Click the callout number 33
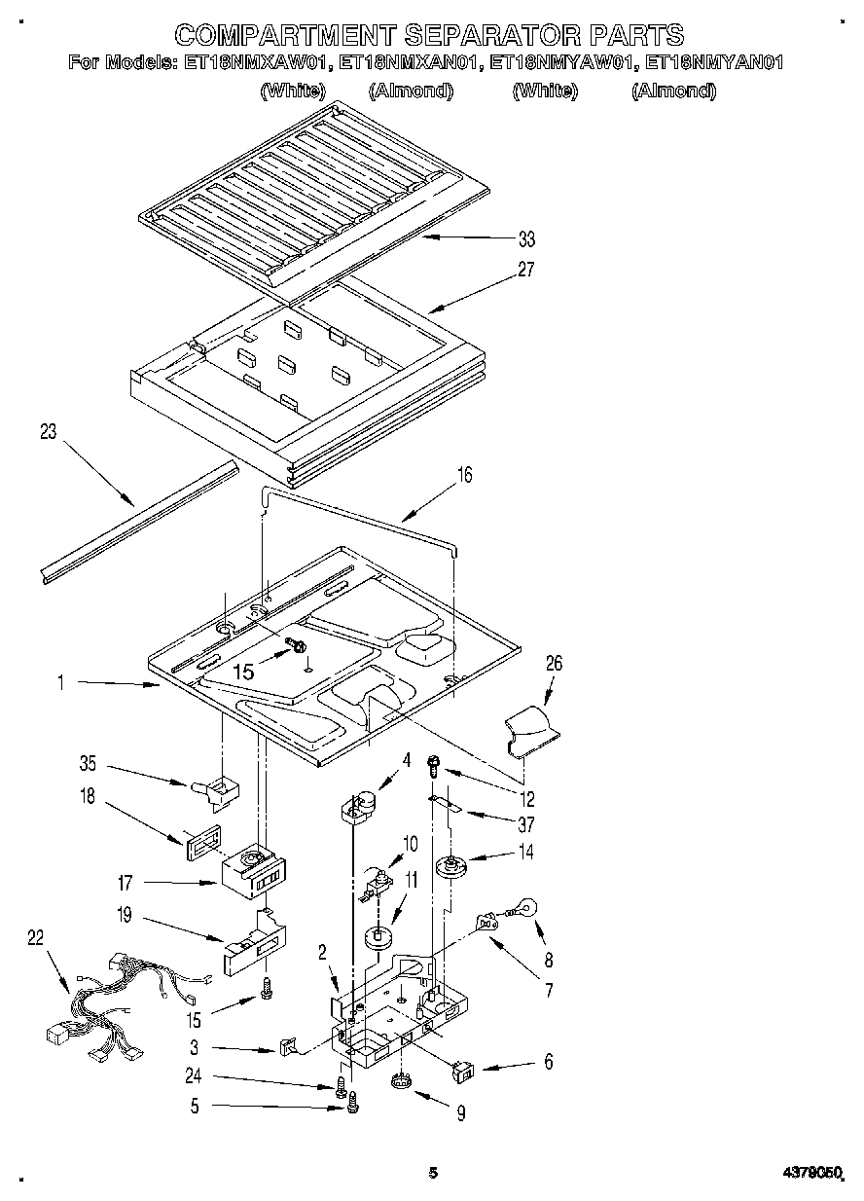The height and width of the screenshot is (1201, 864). click(x=526, y=239)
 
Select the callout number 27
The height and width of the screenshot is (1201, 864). click(x=526, y=270)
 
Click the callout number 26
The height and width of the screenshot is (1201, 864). click(x=554, y=664)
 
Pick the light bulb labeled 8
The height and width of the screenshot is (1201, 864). click(x=522, y=909)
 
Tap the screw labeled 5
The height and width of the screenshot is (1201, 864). click(x=353, y=1102)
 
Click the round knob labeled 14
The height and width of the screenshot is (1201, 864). click(x=450, y=865)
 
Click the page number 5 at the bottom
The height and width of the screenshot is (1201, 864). click(x=433, y=1174)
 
